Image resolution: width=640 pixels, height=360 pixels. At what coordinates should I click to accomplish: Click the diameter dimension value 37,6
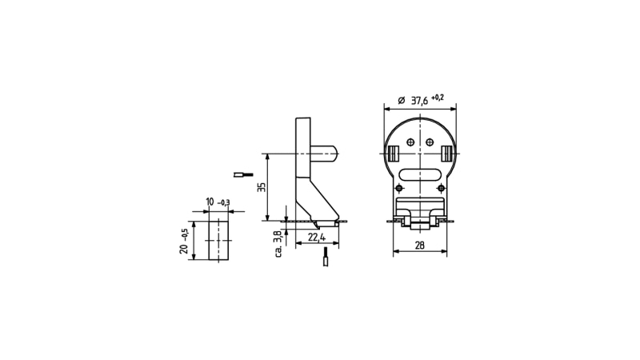[419, 101]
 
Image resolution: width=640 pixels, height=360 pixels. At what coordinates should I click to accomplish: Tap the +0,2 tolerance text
[438, 97]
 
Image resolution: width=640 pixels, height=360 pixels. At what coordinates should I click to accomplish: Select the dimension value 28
[419, 245]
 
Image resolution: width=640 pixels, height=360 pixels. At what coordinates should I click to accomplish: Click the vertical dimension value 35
[262, 187]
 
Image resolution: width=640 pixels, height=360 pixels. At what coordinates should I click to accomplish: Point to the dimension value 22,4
[317, 237]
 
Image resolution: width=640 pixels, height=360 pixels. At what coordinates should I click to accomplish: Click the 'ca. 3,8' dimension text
[278, 244]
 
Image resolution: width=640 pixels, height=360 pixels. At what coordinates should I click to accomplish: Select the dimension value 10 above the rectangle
[210, 202]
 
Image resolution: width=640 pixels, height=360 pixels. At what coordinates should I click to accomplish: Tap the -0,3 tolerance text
[224, 203]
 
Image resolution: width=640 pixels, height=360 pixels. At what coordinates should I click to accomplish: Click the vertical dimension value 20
[184, 248]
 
